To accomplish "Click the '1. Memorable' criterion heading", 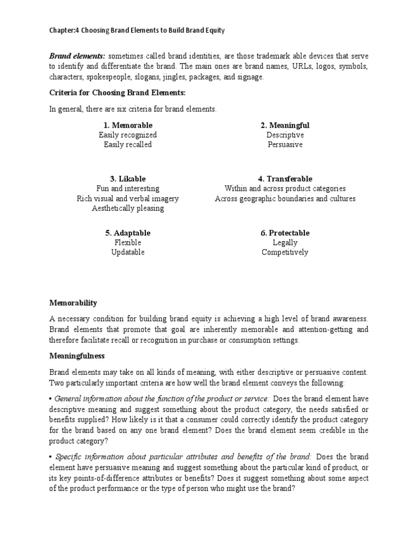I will coord(128,125).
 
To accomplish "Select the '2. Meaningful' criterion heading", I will coord(285,125).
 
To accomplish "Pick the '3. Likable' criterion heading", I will coord(128,179).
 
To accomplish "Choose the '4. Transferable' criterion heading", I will coord(285,179).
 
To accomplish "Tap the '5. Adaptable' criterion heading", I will coord(128,233).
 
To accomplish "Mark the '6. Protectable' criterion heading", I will coord(285,233).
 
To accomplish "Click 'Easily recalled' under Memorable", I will coord(128,144).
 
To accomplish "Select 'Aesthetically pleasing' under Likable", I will coord(128,208).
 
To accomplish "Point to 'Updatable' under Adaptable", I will coord(128,252).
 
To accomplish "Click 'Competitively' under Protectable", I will coord(285,252).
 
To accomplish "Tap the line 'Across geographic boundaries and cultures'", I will coord(285,198).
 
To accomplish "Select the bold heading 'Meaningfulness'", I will coord(77,356).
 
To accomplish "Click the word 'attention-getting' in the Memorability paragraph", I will coord(319,330).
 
